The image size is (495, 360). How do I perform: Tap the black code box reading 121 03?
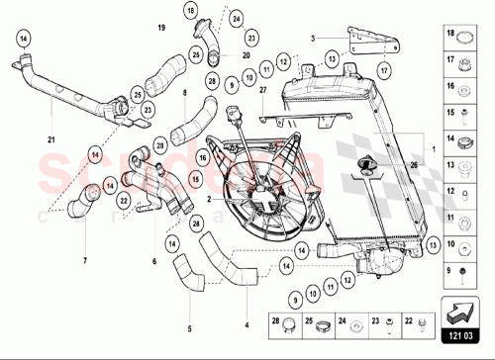(x=461, y=337)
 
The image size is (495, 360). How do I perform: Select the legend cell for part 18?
(x=461, y=38)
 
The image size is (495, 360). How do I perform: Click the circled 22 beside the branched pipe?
(x=124, y=199)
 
